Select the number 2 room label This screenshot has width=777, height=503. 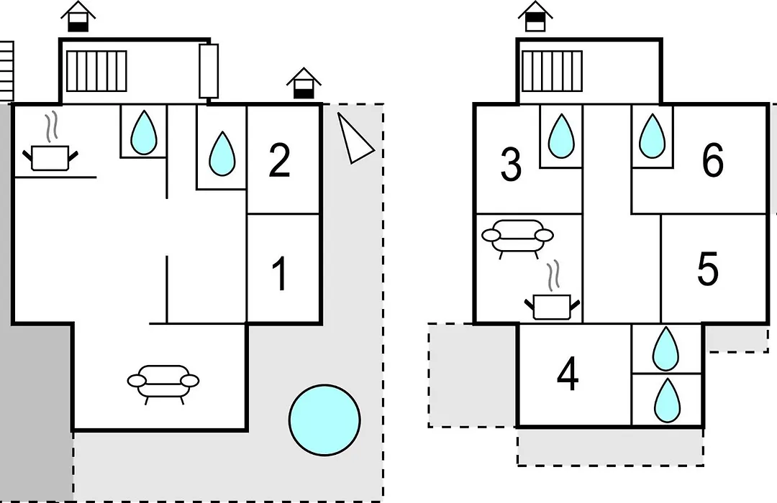point(279,160)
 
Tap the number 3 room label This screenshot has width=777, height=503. point(511,164)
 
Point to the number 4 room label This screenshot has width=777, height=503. point(568,375)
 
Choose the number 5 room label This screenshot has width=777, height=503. point(708,269)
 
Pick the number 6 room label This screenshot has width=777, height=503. point(712,160)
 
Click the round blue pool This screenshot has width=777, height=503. point(324,420)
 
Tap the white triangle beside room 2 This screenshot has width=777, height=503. point(354,138)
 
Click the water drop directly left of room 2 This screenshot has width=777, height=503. point(222,154)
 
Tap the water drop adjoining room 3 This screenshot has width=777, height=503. point(561,136)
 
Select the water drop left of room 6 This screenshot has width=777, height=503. point(652,136)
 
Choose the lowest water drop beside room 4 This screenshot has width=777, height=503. point(667,400)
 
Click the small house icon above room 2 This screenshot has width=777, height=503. point(304,83)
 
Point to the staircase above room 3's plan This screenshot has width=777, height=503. point(552,71)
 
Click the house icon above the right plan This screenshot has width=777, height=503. point(535,17)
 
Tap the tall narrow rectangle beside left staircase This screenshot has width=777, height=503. point(209,71)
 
